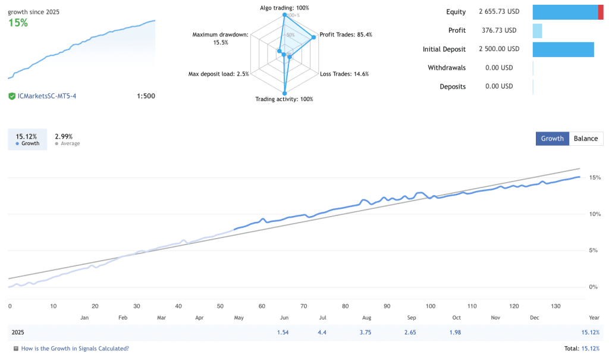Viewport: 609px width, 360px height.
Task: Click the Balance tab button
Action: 586,138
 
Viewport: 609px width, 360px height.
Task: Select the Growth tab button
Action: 552,138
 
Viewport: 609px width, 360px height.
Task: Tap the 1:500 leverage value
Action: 146,96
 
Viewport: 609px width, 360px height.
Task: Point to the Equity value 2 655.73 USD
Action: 499,11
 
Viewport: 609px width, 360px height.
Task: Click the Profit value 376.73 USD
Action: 499,30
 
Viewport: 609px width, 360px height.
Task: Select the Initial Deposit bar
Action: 563,49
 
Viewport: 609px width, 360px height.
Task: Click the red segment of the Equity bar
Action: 601,12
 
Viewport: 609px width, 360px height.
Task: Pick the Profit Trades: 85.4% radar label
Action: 346,35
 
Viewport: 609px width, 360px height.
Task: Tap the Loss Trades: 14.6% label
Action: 344,74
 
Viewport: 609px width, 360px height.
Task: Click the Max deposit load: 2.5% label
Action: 218,74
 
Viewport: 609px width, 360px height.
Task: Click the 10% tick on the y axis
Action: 594,214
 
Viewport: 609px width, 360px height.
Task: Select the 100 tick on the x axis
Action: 431,306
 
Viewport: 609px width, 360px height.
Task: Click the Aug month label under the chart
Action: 366,318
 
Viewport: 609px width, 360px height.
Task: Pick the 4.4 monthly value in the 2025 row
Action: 322,332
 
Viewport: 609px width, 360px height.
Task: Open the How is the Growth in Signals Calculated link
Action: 75,349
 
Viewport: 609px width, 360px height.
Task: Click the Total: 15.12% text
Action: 581,349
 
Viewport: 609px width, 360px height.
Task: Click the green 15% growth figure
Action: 18,23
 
